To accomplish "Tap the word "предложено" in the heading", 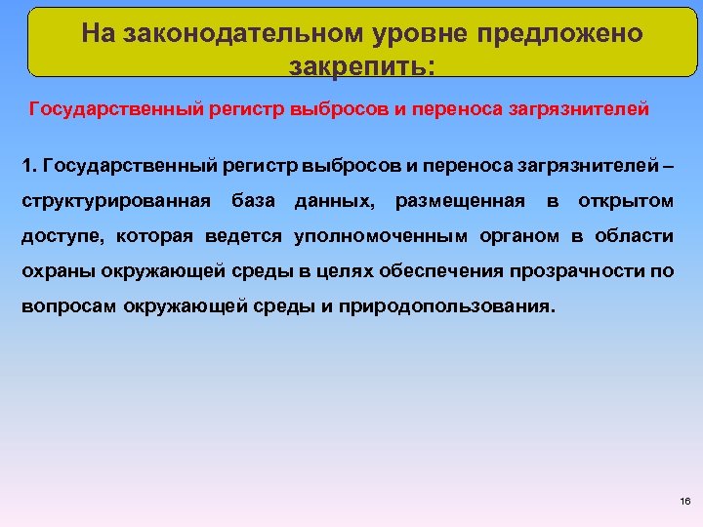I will click(559, 34).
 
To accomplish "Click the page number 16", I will click(683, 501).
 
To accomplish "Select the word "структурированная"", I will click(116, 202).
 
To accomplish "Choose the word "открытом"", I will click(626, 202).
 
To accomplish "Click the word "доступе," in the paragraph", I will click(62, 236).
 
